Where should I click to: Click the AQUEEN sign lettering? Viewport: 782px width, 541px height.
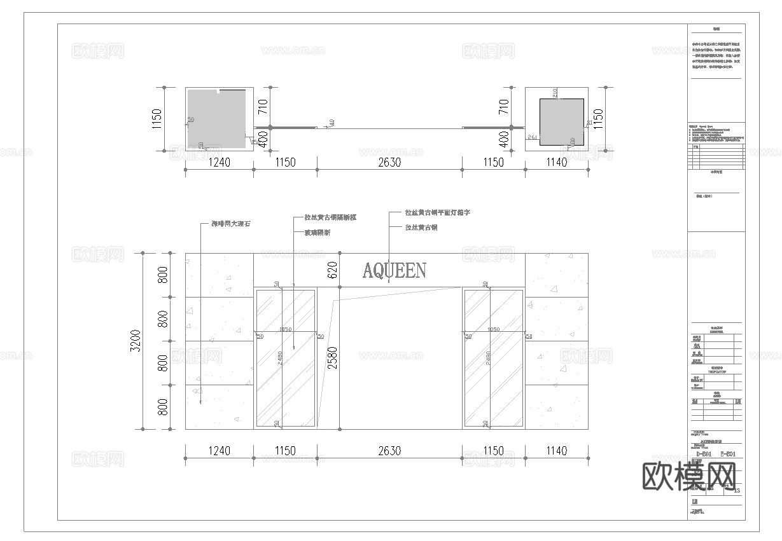pyautogui.click(x=394, y=271)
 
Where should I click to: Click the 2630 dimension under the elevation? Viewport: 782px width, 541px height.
pyautogui.click(x=389, y=451)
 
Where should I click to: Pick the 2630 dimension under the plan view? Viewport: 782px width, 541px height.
pyautogui.click(x=389, y=162)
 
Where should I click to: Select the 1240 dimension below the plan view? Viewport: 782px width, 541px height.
pyautogui.click(x=219, y=162)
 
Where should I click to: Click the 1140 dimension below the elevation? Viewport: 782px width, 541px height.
pyautogui.click(x=556, y=451)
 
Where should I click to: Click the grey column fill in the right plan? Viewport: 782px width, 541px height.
pyautogui.click(x=561, y=121)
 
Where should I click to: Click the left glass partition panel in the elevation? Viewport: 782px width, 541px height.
pyautogui.click(x=286, y=358)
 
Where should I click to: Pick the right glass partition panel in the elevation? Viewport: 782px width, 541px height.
pyautogui.click(x=493, y=358)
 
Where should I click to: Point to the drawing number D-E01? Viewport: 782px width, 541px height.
pyautogui.click(x=704, y=454)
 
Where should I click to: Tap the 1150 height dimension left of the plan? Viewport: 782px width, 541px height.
pyautogui.click(x=157, y=119)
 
